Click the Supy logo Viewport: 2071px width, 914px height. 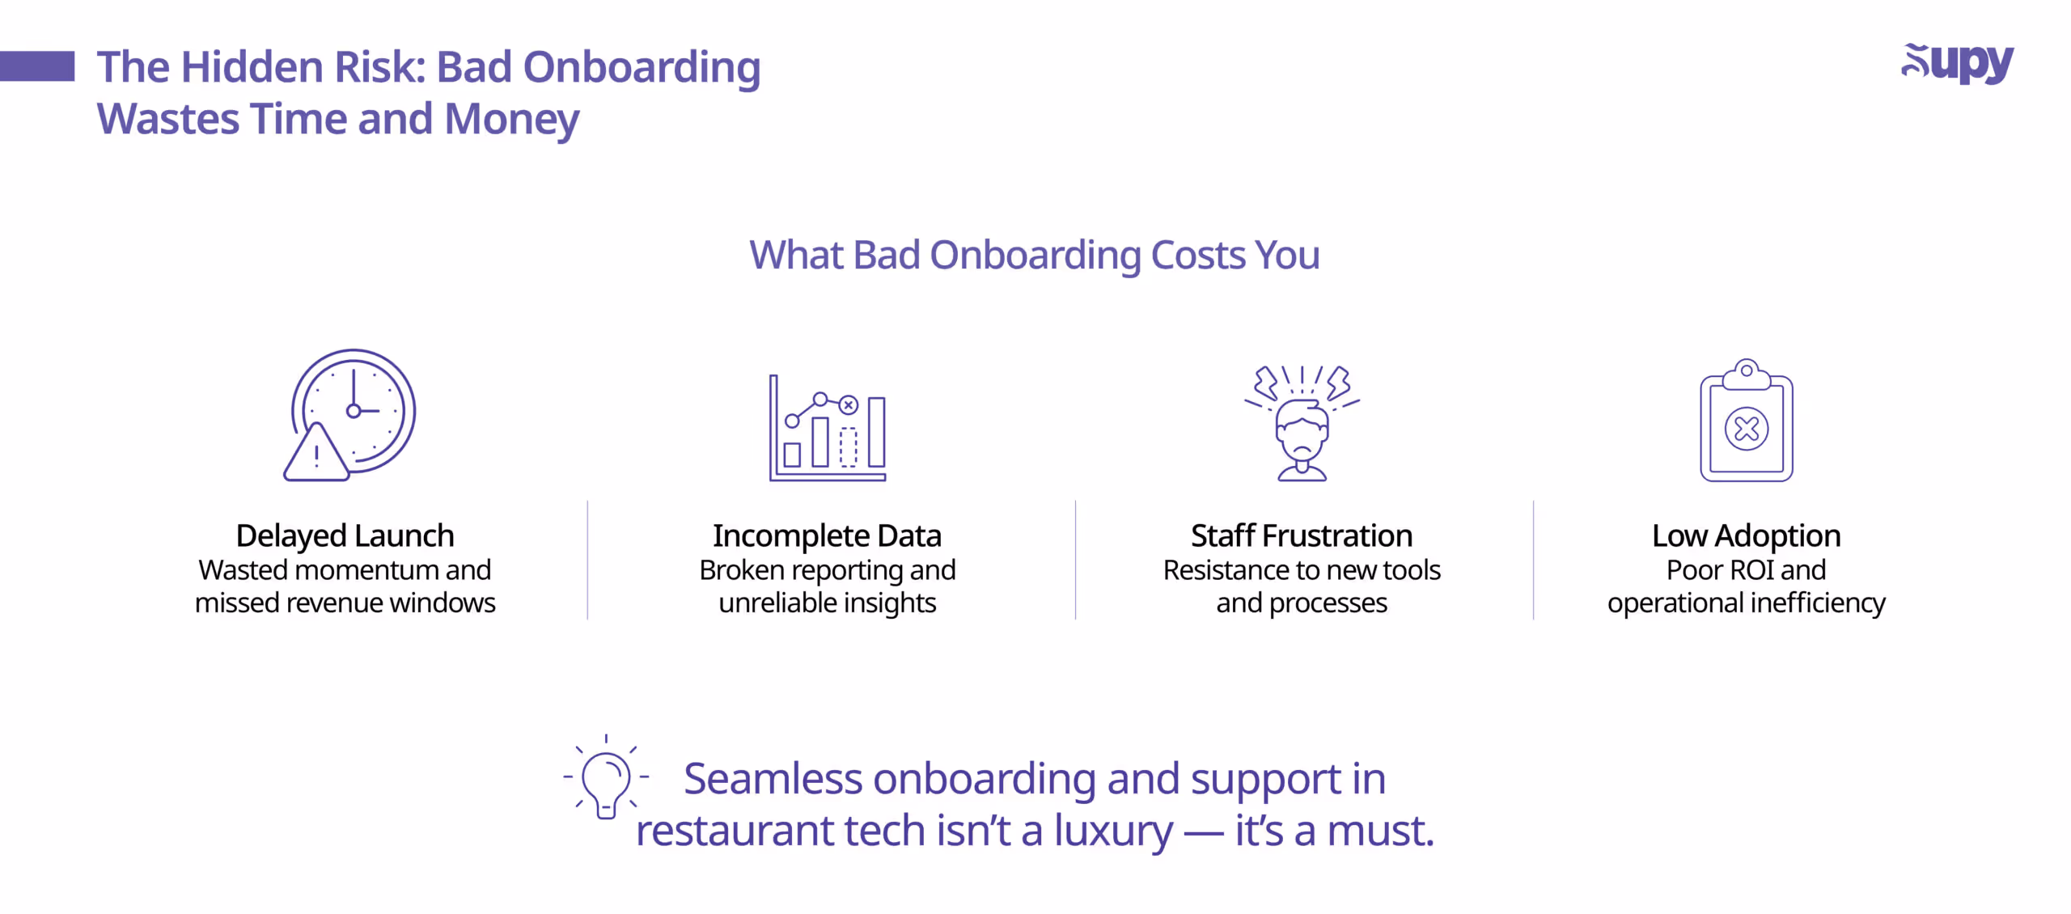point(1957,63)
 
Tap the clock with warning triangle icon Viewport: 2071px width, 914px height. point(351,415)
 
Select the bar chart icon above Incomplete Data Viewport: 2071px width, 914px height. point(827,428)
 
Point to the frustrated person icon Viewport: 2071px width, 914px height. point(1302,423)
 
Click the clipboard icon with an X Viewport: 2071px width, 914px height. point(1746,421)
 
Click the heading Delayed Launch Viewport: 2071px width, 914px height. point(345,535)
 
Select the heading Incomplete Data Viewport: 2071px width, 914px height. point(827,535)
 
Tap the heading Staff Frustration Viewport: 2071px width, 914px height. point(1301,535)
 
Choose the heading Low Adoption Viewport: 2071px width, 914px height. point(1746,535)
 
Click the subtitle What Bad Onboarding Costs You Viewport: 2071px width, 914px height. point(1034,255)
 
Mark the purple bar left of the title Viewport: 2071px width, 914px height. point(37,66)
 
